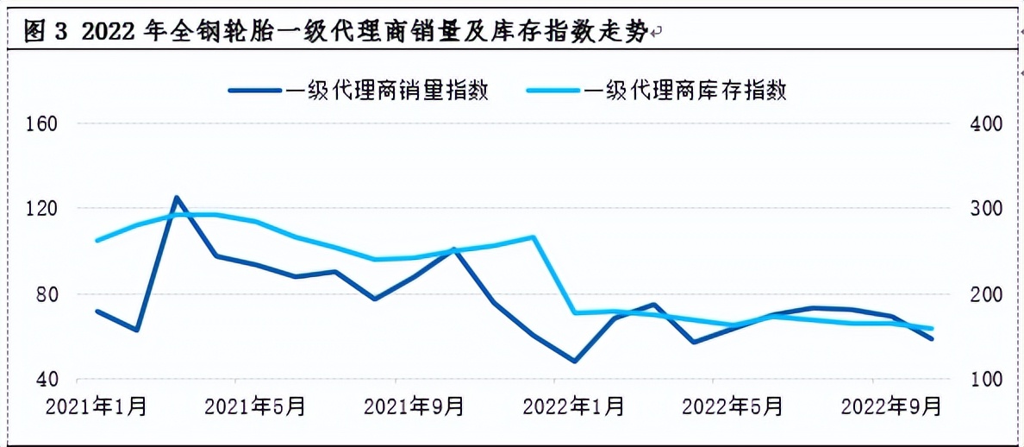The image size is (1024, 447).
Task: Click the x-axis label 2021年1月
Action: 96,406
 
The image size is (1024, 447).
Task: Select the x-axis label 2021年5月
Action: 255,406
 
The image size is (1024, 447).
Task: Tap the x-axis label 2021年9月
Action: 414,406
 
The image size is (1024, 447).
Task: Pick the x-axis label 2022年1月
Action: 573,406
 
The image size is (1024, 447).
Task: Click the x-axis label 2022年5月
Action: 733,406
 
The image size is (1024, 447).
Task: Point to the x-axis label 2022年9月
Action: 891,406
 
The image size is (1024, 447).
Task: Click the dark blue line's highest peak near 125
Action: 176,198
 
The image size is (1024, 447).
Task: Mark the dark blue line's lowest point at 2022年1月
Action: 574,361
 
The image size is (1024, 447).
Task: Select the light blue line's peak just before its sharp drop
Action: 534,236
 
